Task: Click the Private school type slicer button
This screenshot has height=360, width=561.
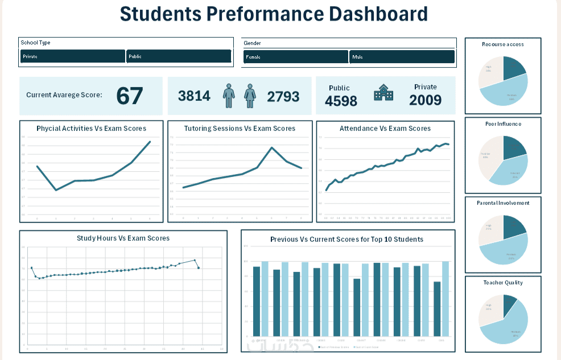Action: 72,56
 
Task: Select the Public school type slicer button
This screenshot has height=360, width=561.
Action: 178,56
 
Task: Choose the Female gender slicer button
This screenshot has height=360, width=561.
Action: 295,57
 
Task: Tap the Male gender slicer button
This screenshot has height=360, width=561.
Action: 402,57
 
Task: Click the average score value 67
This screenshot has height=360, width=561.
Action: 129,96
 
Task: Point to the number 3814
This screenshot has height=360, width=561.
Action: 194,96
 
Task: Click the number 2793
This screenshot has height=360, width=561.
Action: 283,96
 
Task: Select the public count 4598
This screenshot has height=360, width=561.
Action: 341,101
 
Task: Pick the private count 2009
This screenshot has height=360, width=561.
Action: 425,100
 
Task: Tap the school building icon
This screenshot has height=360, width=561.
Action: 383,93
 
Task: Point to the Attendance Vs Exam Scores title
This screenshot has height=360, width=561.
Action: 385,129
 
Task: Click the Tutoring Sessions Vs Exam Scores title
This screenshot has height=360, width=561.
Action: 240,129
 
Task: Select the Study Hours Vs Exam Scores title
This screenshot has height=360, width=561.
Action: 123,238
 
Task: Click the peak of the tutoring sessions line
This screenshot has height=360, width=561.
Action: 271,148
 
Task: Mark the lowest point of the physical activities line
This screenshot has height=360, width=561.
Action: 56,190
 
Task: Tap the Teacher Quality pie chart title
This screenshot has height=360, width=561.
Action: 502,283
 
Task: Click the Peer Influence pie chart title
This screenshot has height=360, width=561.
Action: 502,123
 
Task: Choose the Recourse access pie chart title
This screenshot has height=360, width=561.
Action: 502,44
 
